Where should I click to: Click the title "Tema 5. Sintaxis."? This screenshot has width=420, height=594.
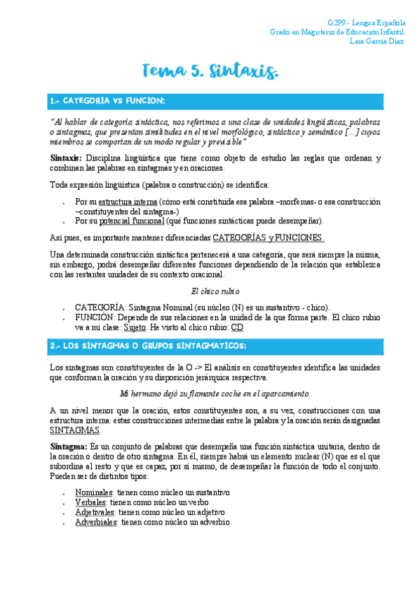click(x=210, y=71)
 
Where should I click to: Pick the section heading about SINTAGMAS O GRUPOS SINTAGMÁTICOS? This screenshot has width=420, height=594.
click(x=148, y=346)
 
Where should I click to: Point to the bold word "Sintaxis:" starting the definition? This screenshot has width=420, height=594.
click(x=66, y=158)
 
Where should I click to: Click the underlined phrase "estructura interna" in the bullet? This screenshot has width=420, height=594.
click(x=126, y=202)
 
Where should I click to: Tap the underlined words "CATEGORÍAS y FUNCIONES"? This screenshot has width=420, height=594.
click(x=268, y=238)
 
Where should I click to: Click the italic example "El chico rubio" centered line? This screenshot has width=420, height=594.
click(x=215, y=291)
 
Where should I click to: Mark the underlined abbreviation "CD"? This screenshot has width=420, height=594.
click(x=237, y=326)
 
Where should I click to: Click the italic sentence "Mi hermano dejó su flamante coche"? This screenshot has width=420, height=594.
click(x=215, y=394)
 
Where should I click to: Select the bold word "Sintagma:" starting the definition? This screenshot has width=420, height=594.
click(x=68, y=446)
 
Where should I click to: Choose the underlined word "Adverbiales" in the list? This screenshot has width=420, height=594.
click(x=97, y=522)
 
